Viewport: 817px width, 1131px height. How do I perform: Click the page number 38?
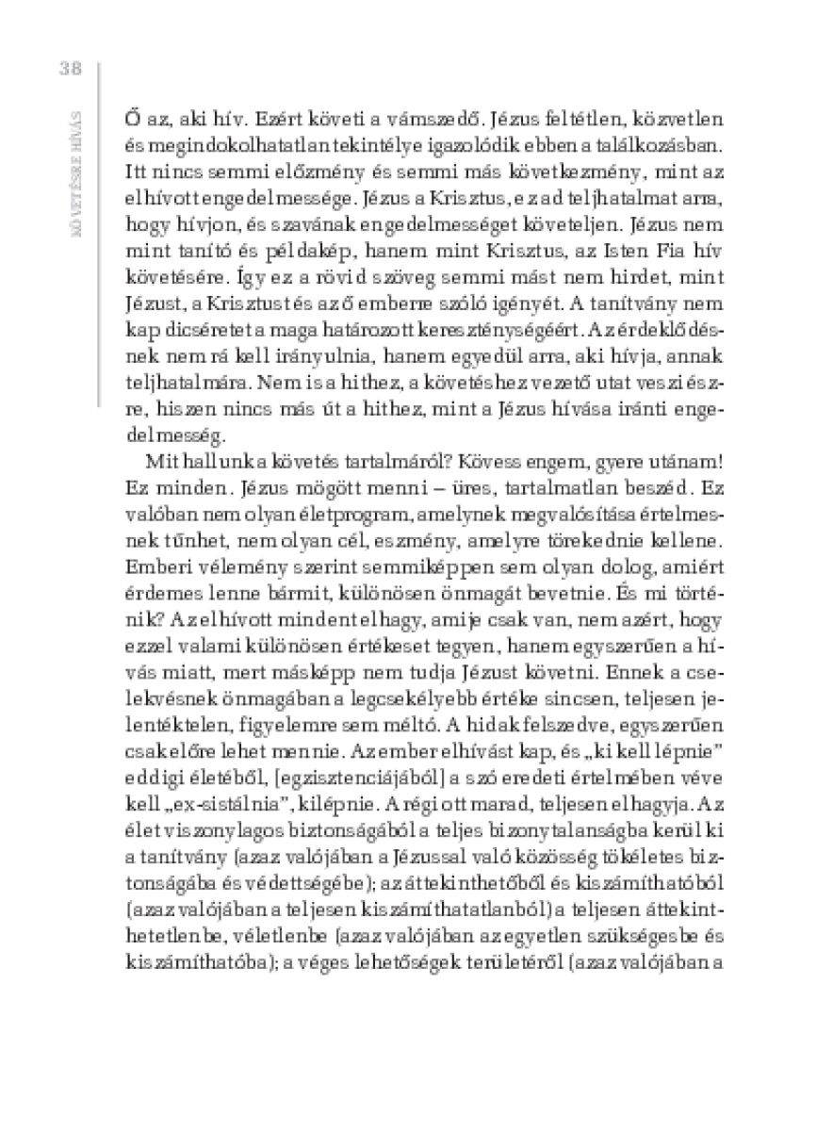click(x=71, y=69)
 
